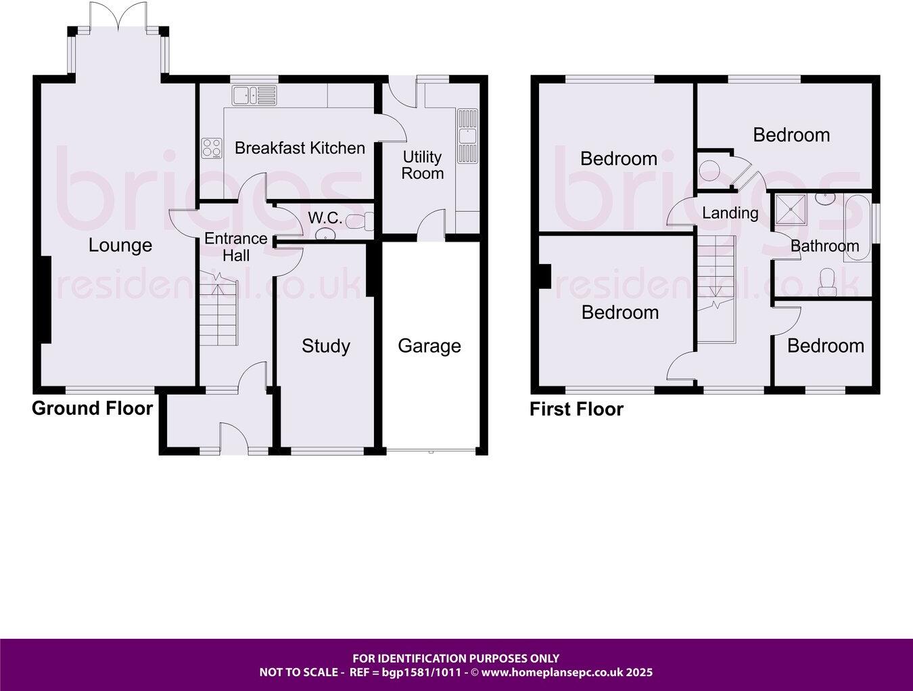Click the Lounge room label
(x=120, y=245)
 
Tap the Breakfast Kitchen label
(x=300, y=148)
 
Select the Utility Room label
(x=423, y=165)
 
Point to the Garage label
(x=429, y=346)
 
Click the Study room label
(x=326, y=346)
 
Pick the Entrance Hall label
(x=236, y=246)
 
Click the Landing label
(x=730, y=213)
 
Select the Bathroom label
(x=824, y=246)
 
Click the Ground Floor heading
(x=92, y=408)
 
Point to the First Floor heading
(x=576, y=409)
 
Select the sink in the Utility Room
(x=467, y=136)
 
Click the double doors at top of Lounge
(x=118, y=16)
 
